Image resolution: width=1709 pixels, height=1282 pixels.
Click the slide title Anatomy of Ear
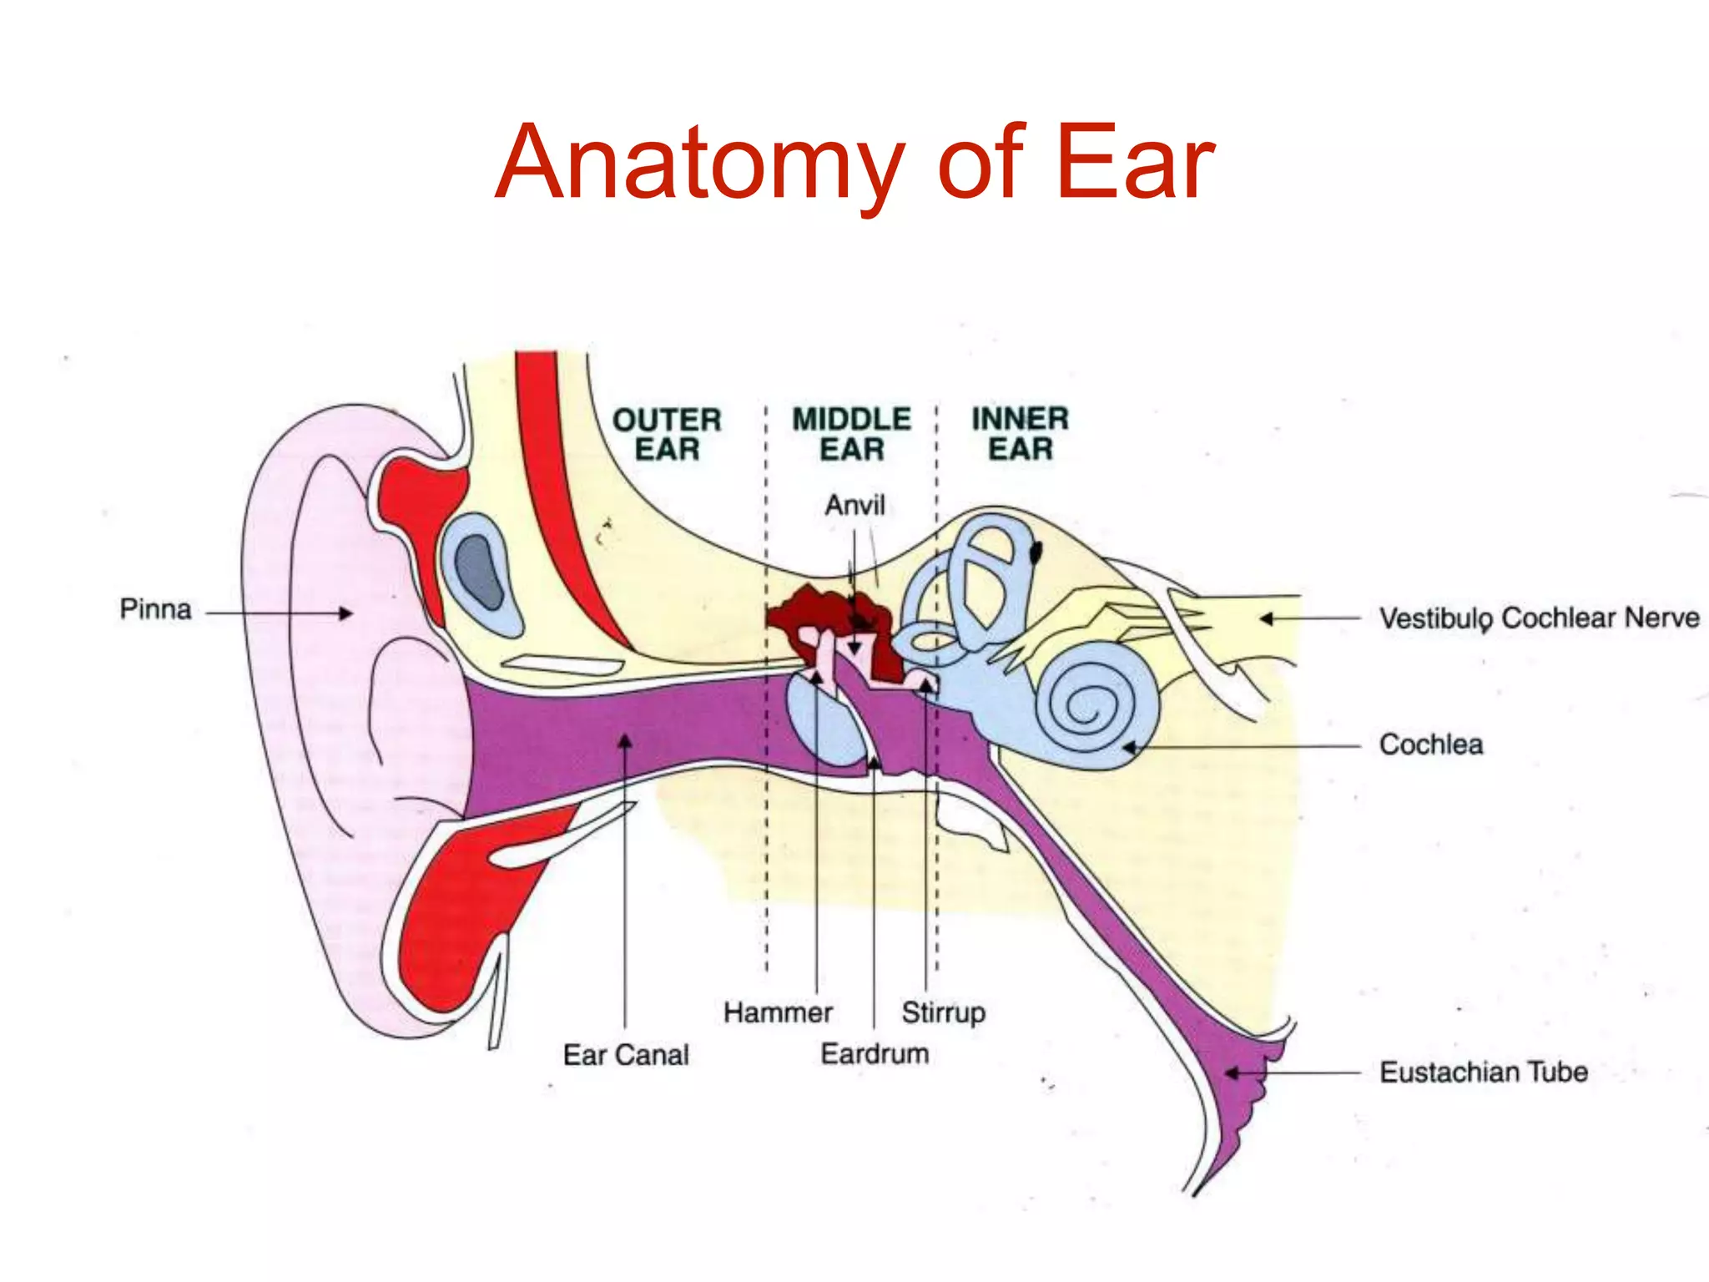coord(854,163)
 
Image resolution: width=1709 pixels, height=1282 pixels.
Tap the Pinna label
coord(155,609)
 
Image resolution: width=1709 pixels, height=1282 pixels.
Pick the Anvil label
coord(854,505)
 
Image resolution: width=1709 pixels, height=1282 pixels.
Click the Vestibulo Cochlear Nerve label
coord(1539,618)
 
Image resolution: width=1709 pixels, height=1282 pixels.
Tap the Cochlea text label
coord(1431,744)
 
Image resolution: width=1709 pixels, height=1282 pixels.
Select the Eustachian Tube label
coord(1483,1073)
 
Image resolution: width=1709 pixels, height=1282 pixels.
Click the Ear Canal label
coord(626,1055)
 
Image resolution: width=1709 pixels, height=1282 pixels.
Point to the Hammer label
coord(778,1013)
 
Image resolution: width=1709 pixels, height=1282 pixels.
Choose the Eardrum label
coord(875,1054)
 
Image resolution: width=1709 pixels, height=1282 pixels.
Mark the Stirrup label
coord(943,1013)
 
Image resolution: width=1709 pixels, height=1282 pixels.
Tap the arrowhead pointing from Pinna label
coord(345,613)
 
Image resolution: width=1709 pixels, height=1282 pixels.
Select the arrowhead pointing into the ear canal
coord(625,740)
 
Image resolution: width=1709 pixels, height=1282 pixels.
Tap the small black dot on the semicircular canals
coord(1036,552)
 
